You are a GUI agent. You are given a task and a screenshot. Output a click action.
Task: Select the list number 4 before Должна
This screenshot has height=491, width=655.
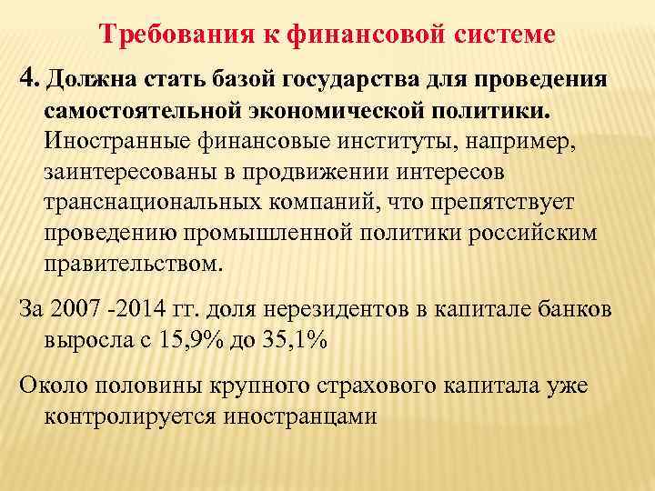coord(25,78)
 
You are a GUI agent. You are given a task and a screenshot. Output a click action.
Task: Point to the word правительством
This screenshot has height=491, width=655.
coord(131,264)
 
